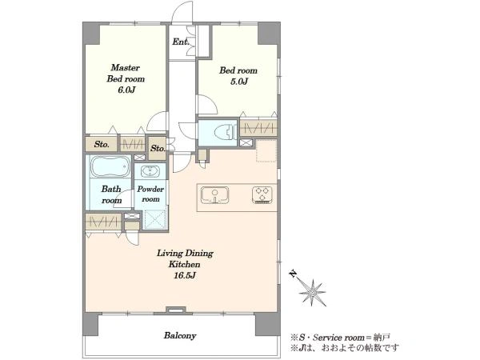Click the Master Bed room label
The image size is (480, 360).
point(126,73)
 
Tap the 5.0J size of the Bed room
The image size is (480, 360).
point(238,82)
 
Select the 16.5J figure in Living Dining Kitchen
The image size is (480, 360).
point(185,275)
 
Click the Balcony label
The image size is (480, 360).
point(180,335)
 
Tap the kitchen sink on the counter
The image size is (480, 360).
point(214,195)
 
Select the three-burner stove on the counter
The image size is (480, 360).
point(262,195)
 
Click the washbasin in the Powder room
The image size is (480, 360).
point(150,171)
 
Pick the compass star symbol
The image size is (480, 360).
point(313,293)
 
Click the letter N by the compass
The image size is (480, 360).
point(294,274)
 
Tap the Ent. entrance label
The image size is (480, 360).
point(180,42)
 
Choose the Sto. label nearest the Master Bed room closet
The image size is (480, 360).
point(102,144)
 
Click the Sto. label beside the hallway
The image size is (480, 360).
point(158,149)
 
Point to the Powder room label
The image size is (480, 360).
point(150,194)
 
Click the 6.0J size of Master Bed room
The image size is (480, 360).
point(126,90)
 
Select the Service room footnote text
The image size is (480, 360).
point(340,338)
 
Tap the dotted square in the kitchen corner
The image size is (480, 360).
point(266,150)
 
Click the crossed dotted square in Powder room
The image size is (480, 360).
point(155,219)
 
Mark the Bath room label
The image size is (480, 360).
point(111,194)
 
